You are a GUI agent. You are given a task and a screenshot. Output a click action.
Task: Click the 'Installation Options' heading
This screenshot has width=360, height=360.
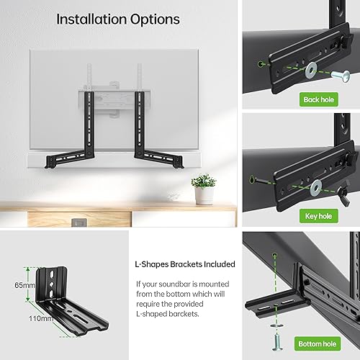[x=118, y=19]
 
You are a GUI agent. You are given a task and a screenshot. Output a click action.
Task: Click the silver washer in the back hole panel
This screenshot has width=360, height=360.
[x=310, y=70]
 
